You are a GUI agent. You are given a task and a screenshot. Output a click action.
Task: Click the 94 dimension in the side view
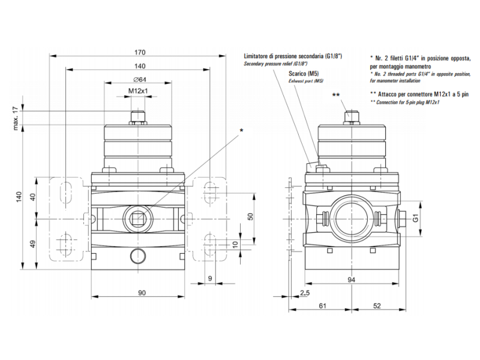pyautogui.click(x=352, y=280)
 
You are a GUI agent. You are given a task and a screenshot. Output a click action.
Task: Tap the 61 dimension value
pyautogui.click(x=322, y=306)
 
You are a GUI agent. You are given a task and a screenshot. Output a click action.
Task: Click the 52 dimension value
pyautogui.click(x=377, y=306)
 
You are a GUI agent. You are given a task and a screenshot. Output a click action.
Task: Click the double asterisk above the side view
pyautogui.click(x=336, y=95)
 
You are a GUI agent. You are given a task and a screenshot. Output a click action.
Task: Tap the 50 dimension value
pyautogui.click(x=251, y=216)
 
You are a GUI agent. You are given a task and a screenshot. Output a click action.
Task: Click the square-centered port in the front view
pyautogui.click(x=139, y=216)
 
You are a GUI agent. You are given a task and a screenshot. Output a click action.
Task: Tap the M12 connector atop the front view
pyautogui.click(x=139, y=115)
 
